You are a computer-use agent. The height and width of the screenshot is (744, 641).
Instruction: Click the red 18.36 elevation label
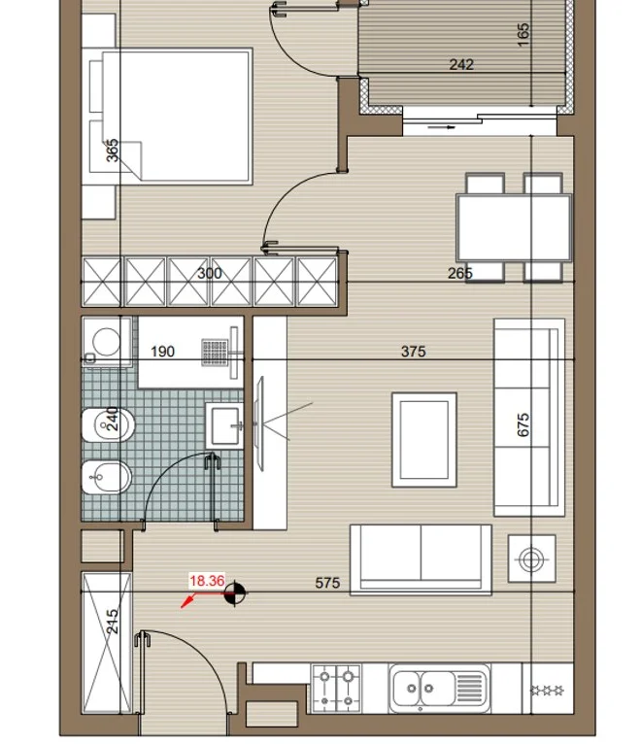(207, 581)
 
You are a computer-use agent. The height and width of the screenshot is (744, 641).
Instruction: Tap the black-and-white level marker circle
(234, 592)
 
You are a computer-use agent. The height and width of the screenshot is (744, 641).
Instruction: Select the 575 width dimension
(327, 583)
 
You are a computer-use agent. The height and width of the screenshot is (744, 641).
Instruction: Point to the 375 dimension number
(414, 352)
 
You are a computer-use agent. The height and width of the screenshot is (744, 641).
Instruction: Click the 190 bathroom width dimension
(162, 352)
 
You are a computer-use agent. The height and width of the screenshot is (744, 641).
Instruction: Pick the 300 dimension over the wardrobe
(209, 273)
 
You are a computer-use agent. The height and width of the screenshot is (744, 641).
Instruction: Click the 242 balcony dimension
(461, 64)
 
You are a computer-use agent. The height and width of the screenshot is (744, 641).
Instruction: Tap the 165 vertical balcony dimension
(523, 35)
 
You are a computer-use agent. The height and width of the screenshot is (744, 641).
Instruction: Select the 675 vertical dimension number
(523, 424)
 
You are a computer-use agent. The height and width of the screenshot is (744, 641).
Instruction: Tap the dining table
(514, 227)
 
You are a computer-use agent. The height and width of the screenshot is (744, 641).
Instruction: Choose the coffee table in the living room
(424, 440)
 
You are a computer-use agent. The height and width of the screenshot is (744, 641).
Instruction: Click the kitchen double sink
(439, 688)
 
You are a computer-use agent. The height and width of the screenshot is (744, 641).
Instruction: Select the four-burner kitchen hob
(336, 688)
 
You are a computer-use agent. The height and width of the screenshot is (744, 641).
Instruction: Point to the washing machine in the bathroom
(107, 342)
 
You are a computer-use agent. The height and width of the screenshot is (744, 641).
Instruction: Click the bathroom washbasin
(224, 425)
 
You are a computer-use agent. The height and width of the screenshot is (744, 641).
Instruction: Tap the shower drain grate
(215, 352)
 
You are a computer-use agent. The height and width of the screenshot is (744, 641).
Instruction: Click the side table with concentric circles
(531, 558)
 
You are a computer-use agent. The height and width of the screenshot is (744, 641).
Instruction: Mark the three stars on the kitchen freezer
(547, 690)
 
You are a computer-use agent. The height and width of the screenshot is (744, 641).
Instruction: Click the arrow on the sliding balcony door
(441, 127)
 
